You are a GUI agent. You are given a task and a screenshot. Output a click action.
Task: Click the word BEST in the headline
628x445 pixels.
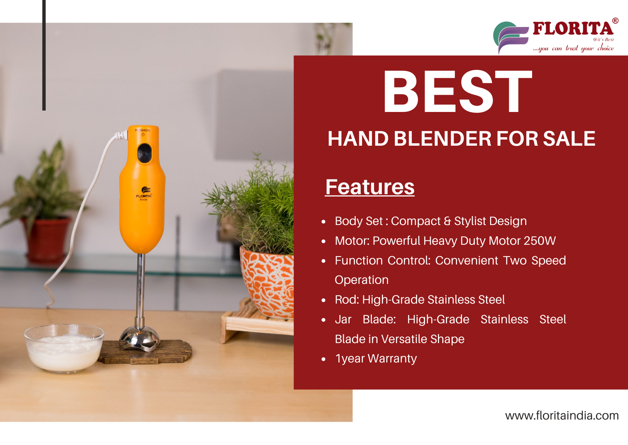(457, 91)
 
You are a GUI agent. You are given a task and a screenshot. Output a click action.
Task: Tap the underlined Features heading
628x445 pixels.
(370, 187)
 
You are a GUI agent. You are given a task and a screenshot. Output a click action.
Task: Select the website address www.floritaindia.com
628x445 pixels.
(562, 416)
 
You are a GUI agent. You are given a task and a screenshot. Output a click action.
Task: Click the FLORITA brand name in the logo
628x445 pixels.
(573, 28)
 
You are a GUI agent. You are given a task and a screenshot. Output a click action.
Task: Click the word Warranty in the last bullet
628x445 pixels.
(392, 359)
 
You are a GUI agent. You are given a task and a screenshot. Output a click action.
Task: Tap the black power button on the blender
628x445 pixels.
(144, 153)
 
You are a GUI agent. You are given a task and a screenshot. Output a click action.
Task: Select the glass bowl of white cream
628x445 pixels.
(64, 348)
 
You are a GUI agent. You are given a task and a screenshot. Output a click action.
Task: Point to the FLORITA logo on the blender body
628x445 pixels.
(144, 194)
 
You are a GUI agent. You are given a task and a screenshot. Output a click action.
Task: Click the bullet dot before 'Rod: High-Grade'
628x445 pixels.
(324, 300)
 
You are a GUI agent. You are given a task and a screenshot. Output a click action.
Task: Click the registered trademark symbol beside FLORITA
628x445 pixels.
(615, 21)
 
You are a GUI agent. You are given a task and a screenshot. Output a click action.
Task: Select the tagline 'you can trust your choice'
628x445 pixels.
(573, 48)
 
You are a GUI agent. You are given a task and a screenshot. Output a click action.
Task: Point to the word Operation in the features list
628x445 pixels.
(362, 280)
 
